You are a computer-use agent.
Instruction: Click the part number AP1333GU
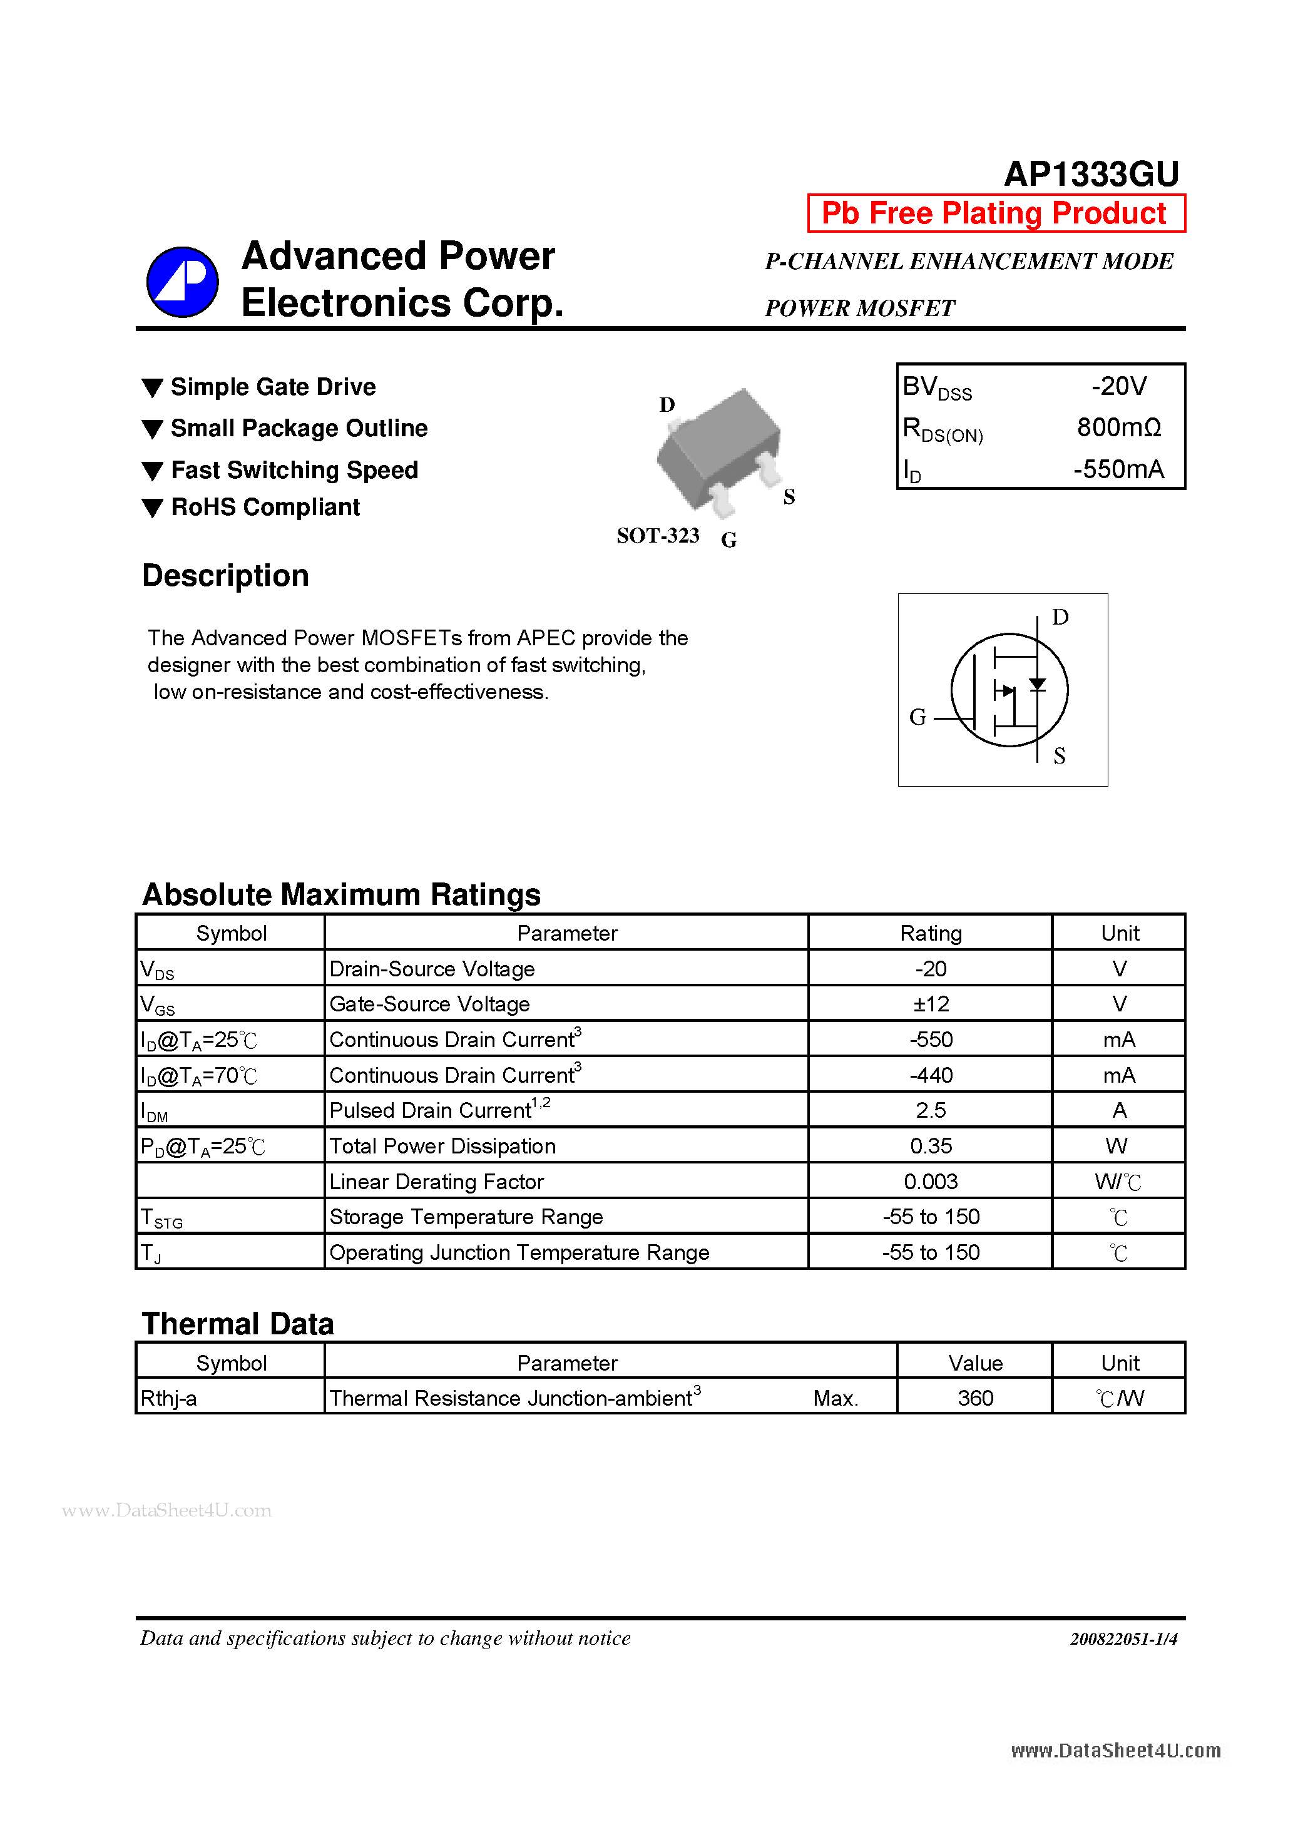point(1090,174)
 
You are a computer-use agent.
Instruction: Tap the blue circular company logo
point(183,282)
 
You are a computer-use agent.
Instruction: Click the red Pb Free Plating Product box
point(996,213)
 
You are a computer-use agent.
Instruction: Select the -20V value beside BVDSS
point(1118,387)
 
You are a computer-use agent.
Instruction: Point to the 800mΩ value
point(1118,428)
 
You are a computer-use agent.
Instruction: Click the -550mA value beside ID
point(1118,469)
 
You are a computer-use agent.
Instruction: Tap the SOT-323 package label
point(658,536)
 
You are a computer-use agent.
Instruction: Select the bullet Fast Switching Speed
point(294,470)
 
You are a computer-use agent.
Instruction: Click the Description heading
point(225,575)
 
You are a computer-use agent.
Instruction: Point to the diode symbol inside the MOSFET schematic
point(1037,685)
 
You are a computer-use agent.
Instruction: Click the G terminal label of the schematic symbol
point(917,717)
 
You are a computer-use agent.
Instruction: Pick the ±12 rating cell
point(930,1004)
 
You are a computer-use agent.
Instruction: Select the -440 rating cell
point(930,1075)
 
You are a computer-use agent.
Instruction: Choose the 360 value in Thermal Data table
point(975,1398)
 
